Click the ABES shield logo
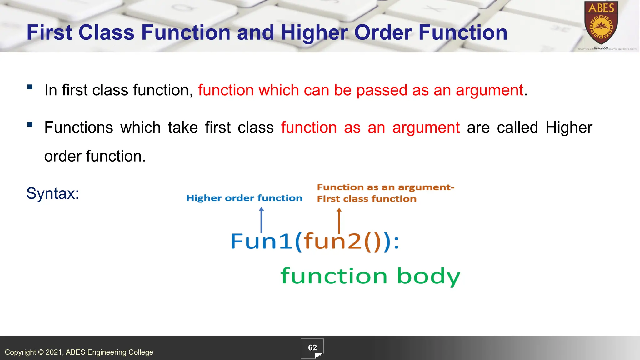pos(601,23)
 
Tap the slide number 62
pos(312,348)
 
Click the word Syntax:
pos(52,193)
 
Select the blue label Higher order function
pos(244,198)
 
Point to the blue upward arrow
pos(262,220)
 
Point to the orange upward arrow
pos(339,221)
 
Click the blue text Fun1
pos(261,242)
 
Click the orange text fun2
pos(333,242)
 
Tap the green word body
pos(428,277)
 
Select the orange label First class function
pos(367,199)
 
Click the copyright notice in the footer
pos(79,352)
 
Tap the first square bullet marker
pos(30,87)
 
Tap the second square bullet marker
pos(30,125)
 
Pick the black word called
pos(517,127)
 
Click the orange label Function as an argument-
pos(386,187)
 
